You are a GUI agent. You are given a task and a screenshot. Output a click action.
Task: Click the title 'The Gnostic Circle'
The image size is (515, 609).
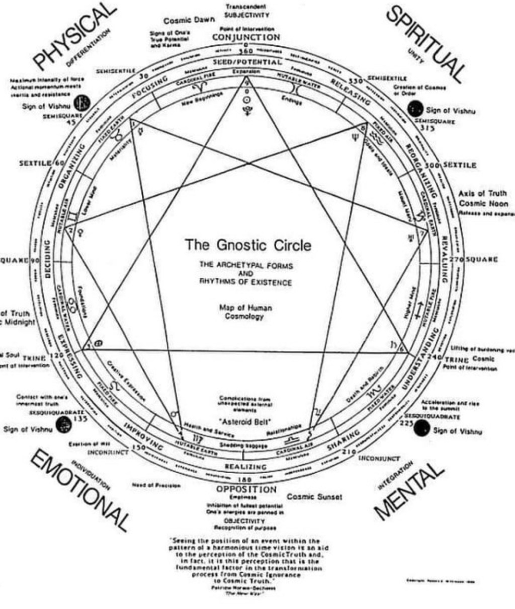click(248, 246)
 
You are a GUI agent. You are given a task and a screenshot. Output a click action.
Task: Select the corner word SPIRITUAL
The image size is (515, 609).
click(425, 43)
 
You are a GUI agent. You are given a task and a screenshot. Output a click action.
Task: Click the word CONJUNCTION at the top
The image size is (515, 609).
click(246, 37)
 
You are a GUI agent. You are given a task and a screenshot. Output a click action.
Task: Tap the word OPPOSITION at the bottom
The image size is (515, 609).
click(246, 489)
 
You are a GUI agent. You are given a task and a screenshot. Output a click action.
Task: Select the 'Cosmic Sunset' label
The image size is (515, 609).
click(314, 497)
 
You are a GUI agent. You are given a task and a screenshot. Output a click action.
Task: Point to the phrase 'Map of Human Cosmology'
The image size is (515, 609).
click(245, 312)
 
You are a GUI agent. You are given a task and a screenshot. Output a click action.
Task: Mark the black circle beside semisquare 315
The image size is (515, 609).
click(415, 108)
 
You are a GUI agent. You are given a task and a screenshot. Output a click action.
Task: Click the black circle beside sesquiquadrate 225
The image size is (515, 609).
click(421, 428)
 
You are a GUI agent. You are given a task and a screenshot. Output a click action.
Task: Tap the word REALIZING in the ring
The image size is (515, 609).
click(246, 467)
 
